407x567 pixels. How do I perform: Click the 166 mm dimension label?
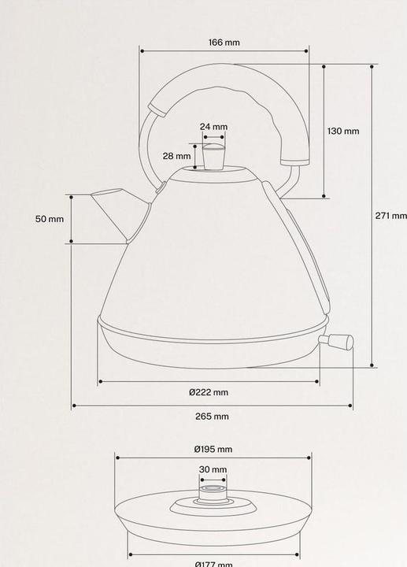[224, 42]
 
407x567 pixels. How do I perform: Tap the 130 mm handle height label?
[343, 132]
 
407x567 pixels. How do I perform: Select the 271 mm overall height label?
[391, 216]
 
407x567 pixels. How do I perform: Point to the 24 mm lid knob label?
[213, 126]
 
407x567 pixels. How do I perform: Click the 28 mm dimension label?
[177, 156]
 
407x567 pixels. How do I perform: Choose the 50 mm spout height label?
[50, 219]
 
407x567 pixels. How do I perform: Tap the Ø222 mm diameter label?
[209, 392]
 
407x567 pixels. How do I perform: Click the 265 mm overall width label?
[213, 417]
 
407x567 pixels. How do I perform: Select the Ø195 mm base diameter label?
[213, 449]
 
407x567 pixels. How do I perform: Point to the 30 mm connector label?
[213, 469]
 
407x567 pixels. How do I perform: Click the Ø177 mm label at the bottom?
[213, 564]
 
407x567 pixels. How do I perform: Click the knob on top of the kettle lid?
[214, 154]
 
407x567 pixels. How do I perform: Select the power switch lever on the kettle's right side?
[336, 341]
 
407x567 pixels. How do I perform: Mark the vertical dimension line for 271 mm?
[372, 217]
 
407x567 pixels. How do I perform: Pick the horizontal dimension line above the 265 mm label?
[213, 406]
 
